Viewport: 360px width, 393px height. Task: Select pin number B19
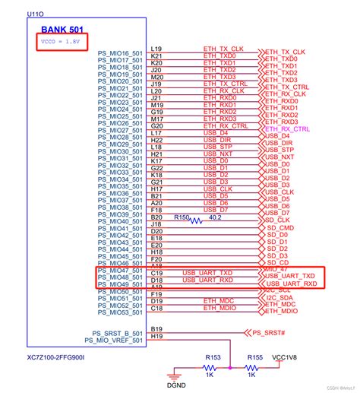[x=156, y=329]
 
